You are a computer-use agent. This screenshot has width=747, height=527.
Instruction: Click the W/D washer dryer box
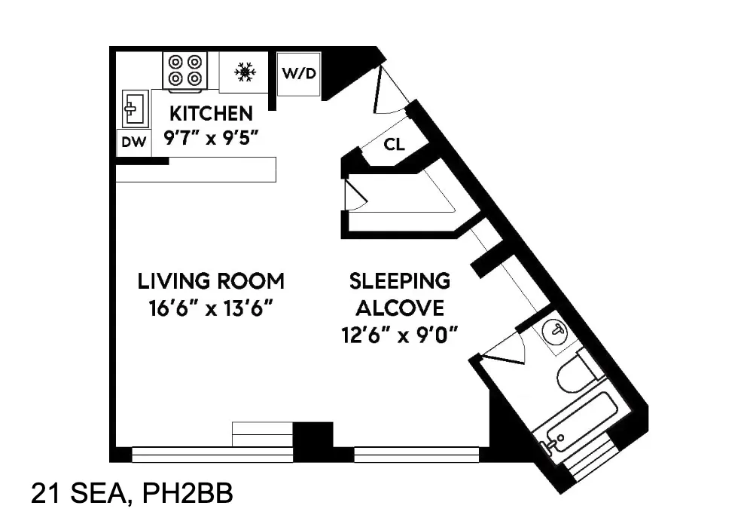click(299, 74)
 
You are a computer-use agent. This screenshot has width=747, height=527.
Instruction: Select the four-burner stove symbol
click(185, 70)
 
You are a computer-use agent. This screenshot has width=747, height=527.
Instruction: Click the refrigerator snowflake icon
click(243, 72)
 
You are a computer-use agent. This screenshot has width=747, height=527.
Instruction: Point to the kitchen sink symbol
click(136, 109)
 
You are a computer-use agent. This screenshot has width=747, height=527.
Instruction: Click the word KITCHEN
click(211, 114)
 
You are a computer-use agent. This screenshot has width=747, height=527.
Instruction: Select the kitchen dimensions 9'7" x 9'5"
click(210, 138)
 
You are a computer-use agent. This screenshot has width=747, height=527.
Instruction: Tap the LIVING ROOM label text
click(211, 281)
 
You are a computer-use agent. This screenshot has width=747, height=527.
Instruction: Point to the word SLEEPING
click(399, 281)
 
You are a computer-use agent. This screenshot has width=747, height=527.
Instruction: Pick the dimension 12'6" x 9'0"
click(399, 334)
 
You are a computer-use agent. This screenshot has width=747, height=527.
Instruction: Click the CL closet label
click(394, 144)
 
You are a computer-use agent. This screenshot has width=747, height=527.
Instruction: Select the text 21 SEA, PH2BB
click(132, 495)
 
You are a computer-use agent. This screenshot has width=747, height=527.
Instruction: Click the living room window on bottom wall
click(212, 454)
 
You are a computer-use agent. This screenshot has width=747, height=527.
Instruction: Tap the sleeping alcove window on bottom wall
click(416, 454)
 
